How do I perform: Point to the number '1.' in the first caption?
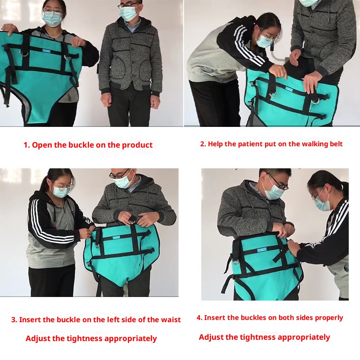point(27,145)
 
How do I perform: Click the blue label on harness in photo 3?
point(116,238)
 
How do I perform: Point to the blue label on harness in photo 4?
point(262,249)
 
